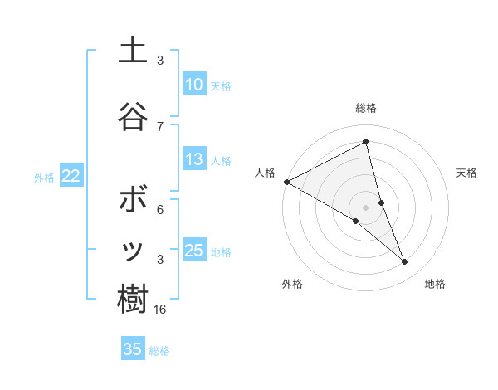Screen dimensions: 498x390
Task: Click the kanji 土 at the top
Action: click(132, 51)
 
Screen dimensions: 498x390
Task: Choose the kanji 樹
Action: click(132, 299)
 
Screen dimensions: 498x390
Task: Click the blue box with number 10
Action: click(193, 85)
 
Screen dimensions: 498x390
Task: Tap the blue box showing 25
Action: click(193, 251)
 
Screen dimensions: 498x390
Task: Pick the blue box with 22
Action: click(71, 176)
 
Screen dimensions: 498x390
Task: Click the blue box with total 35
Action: click(133, 349)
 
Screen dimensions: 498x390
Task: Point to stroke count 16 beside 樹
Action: click(160, 309)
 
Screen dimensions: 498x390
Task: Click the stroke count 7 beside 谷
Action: click(160, 125)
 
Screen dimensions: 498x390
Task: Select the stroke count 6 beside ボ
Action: click(160, 209)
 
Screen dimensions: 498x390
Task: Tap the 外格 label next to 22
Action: click(44, 177)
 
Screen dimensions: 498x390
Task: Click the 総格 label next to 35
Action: click(159, 351)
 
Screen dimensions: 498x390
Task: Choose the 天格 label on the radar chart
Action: click(467, 173)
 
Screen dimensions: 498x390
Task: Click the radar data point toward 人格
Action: click(286, 181)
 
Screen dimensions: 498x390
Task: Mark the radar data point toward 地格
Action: click(405, 262)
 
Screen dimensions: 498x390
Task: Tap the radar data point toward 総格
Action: click(365, 142)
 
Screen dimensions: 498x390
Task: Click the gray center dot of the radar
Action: click(365, 206)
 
